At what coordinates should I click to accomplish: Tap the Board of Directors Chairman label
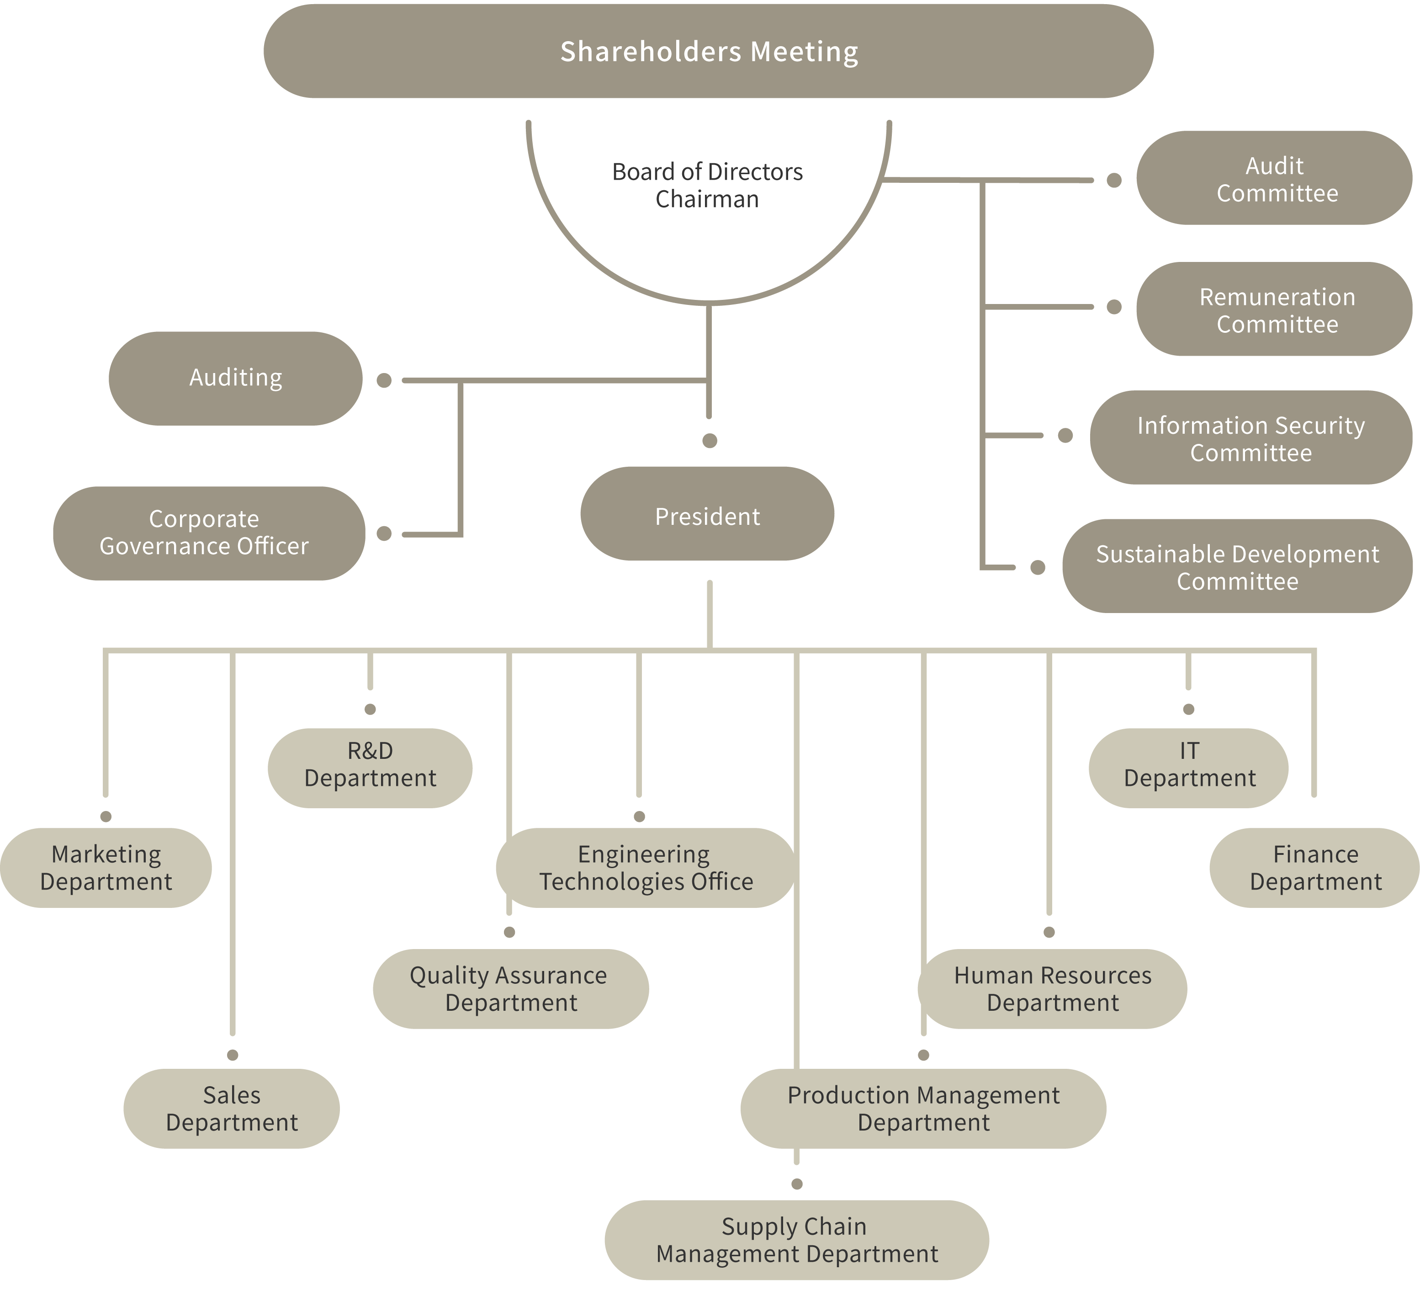707,185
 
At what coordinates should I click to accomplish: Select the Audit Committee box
1274,178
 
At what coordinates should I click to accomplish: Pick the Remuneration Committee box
1274,309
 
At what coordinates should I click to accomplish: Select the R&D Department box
370,768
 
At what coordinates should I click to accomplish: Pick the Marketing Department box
106,868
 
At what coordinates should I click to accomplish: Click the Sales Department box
232,1109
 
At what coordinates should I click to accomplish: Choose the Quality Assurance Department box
511,989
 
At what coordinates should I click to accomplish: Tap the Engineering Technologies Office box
645,868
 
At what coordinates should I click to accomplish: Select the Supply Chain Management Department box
797,1240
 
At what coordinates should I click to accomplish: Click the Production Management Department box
923,1109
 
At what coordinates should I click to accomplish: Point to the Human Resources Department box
1052,989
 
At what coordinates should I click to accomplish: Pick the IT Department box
1189,768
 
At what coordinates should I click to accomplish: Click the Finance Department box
1315,868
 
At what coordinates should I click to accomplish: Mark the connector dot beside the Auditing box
384,380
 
